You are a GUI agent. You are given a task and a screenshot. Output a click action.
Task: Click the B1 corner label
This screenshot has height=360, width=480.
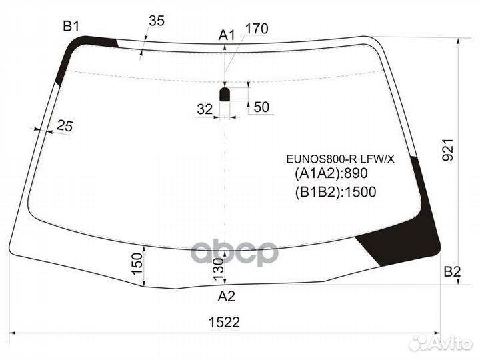[x=71, y=27]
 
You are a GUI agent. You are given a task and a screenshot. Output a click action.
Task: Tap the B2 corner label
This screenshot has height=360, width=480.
[x=453, y=271]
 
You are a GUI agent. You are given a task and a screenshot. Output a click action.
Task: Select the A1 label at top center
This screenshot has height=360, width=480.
[x=227, y=35]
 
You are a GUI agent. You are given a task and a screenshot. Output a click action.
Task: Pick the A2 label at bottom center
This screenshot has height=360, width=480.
[x=227, y=296]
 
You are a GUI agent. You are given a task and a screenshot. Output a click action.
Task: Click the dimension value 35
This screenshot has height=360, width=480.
[x=156, y=21]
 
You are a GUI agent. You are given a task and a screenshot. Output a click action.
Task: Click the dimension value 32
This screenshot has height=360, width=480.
[x=205, y=109]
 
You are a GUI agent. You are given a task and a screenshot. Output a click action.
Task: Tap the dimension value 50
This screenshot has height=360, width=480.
[x=261, y=107]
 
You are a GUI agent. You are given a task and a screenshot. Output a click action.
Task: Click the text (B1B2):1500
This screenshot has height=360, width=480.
[x=335, y=193]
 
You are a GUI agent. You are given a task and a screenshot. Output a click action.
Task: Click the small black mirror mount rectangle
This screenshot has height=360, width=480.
[x=225, y=94]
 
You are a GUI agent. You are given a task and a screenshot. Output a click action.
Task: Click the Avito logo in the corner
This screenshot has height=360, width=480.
[x=443, y=343]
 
